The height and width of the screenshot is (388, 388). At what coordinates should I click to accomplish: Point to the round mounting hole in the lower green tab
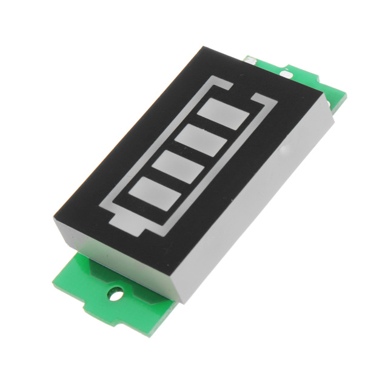115,295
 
